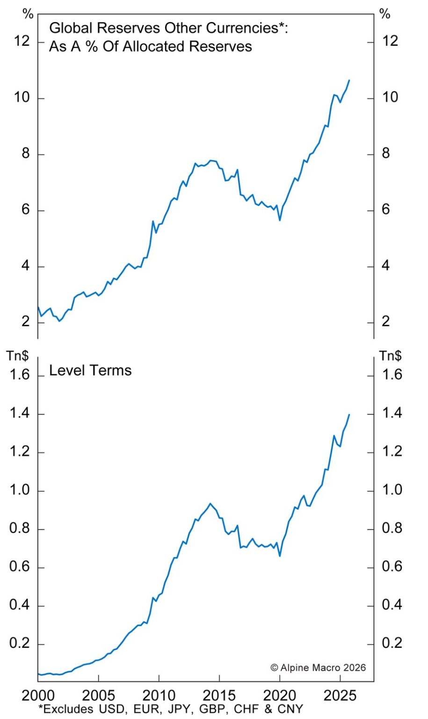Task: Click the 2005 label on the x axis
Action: [98, 695]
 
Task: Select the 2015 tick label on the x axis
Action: [219, 695]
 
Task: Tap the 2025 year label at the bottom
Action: [340, 695]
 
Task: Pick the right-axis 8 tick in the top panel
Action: [386, 154]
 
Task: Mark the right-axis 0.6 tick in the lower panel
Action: [392, 567]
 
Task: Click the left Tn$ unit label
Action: [17, 356]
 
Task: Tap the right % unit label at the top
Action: [385, 14]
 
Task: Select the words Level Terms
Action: [90, 371]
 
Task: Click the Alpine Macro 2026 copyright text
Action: [318, 668]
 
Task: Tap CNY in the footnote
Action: [290, 709]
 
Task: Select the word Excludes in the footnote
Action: [65, 709]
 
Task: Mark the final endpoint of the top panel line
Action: [349, 81]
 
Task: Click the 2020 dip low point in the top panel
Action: [280, 220]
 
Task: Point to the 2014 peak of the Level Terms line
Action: [210, 504]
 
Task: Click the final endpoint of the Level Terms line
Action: [349, 414]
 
